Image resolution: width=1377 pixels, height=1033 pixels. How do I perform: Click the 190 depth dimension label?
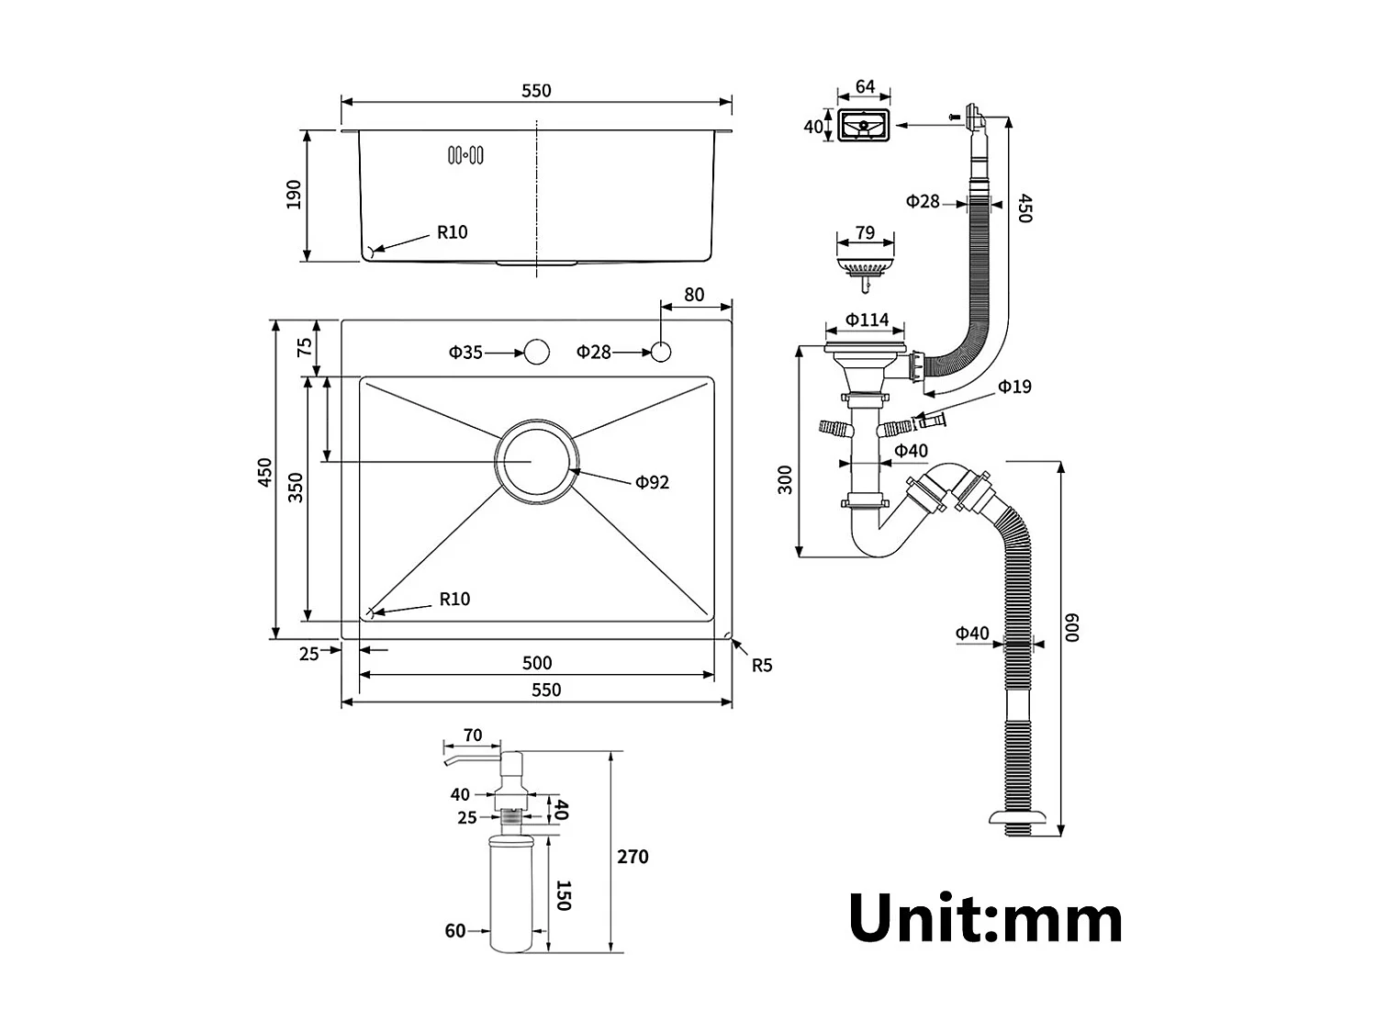pyautogui.click(x=294, y=195)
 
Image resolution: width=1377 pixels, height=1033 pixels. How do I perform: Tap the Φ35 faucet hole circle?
pyautogui.click(x=536, y=352)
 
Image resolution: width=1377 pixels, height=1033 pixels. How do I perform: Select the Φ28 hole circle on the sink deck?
pyautogui.click(x=661, y=352)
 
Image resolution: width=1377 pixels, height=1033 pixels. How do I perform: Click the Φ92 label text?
pyautogui.click(x=652, y=482)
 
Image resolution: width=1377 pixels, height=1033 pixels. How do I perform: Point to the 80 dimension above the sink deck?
pyautogui.click(x=694, y=295)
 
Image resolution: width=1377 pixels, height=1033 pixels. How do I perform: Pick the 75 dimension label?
pyautogui.click(x=304, y=347)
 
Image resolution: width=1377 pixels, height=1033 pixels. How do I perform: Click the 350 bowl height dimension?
pyautogui.click(x=295, y=488)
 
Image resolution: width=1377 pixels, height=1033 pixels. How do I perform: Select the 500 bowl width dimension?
pyautogui.click(x=537, y=663)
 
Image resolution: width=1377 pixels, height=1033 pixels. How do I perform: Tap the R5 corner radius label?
pyautogui.click(x=762, y=665)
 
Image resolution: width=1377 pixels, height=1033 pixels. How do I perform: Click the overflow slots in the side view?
pyautogui.click(x=465, y=156)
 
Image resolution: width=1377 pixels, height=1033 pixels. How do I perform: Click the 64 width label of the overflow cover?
pyautogui.click(x=865, y=87)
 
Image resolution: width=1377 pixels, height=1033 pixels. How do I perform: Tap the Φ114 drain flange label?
pyautogui.click(x=867, y=320)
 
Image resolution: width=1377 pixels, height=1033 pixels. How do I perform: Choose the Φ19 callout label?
pyautogui.click(x=1014, y=387)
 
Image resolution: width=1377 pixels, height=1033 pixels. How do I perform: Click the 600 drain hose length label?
pyautogui.click(x=1072, y=627)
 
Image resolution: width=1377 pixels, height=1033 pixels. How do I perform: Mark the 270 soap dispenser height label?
pyautogui.click(x=633, y=857)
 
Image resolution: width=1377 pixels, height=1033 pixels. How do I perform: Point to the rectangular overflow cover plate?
pyautogui.click(x=864, y=126)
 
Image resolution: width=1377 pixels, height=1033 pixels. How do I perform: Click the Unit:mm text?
pyautogui.click(x=985, y=918)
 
